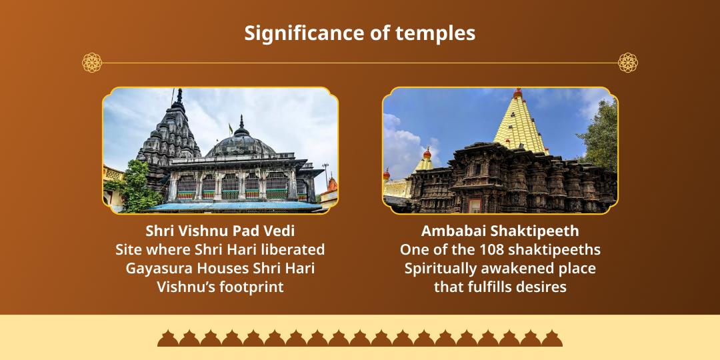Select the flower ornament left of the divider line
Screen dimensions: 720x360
tap(92, 63)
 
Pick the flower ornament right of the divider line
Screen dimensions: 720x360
tap(628, 63)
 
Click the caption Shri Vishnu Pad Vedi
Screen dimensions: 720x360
tap(220, 231)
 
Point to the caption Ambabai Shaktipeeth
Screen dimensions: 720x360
tap(500, 231)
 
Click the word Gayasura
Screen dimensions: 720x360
tap(157, 269)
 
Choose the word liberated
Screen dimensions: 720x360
tap(292, 250)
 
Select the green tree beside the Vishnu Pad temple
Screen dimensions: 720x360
tap(133, 186)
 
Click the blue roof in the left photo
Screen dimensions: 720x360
tap(234, 206)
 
